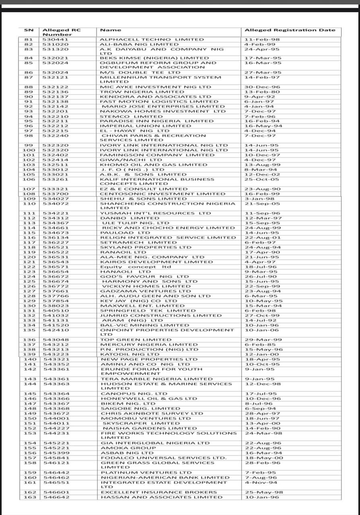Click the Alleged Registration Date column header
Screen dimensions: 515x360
pyautogui.click(x=290, y=30)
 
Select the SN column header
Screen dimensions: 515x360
pyautogui.click(x=29, y=30)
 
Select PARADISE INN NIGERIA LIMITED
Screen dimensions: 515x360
pyautogui.click(x=157, y=121)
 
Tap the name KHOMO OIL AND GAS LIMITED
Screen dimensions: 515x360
pyautogui.click(x=153, y=165)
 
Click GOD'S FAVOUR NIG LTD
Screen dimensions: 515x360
pyautogui.click(x=144, y=276)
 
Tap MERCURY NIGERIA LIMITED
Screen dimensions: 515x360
pyautogui.click(x=149, y=344)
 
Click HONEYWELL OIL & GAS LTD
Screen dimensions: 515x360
pyautogui.click(x=149, y=398)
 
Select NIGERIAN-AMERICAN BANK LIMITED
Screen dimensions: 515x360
pyautogui.click(x=165, y=477)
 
